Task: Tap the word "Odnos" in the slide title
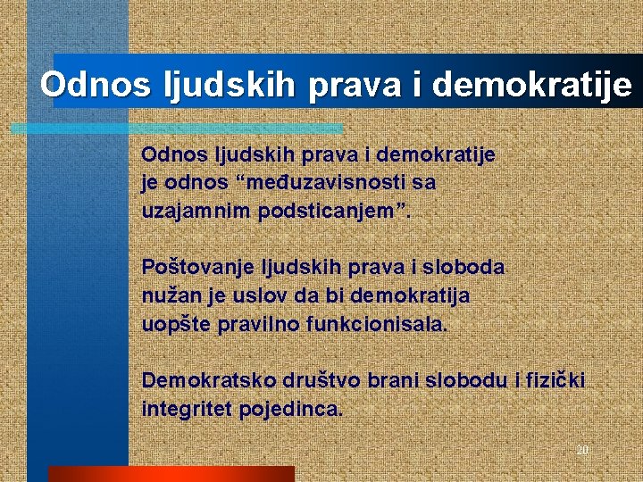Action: point(95,86)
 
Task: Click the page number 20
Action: point(582,450)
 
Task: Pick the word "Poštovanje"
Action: point(196,267)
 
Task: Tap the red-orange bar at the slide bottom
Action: point(170,474)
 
